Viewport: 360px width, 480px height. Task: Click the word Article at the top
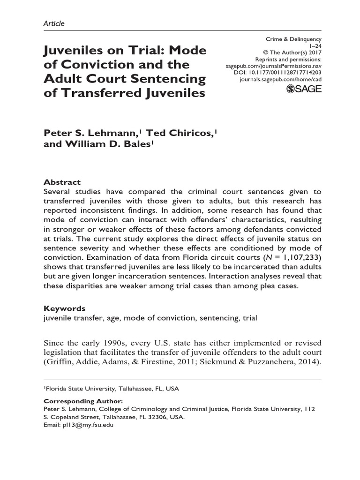pos(54,23)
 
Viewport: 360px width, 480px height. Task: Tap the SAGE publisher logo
pos(303,90)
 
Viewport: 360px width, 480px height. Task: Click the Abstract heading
pos(62,182)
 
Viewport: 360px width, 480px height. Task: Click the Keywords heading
pos(65,308)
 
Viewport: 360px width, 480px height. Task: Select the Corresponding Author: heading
pos(83,401)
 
